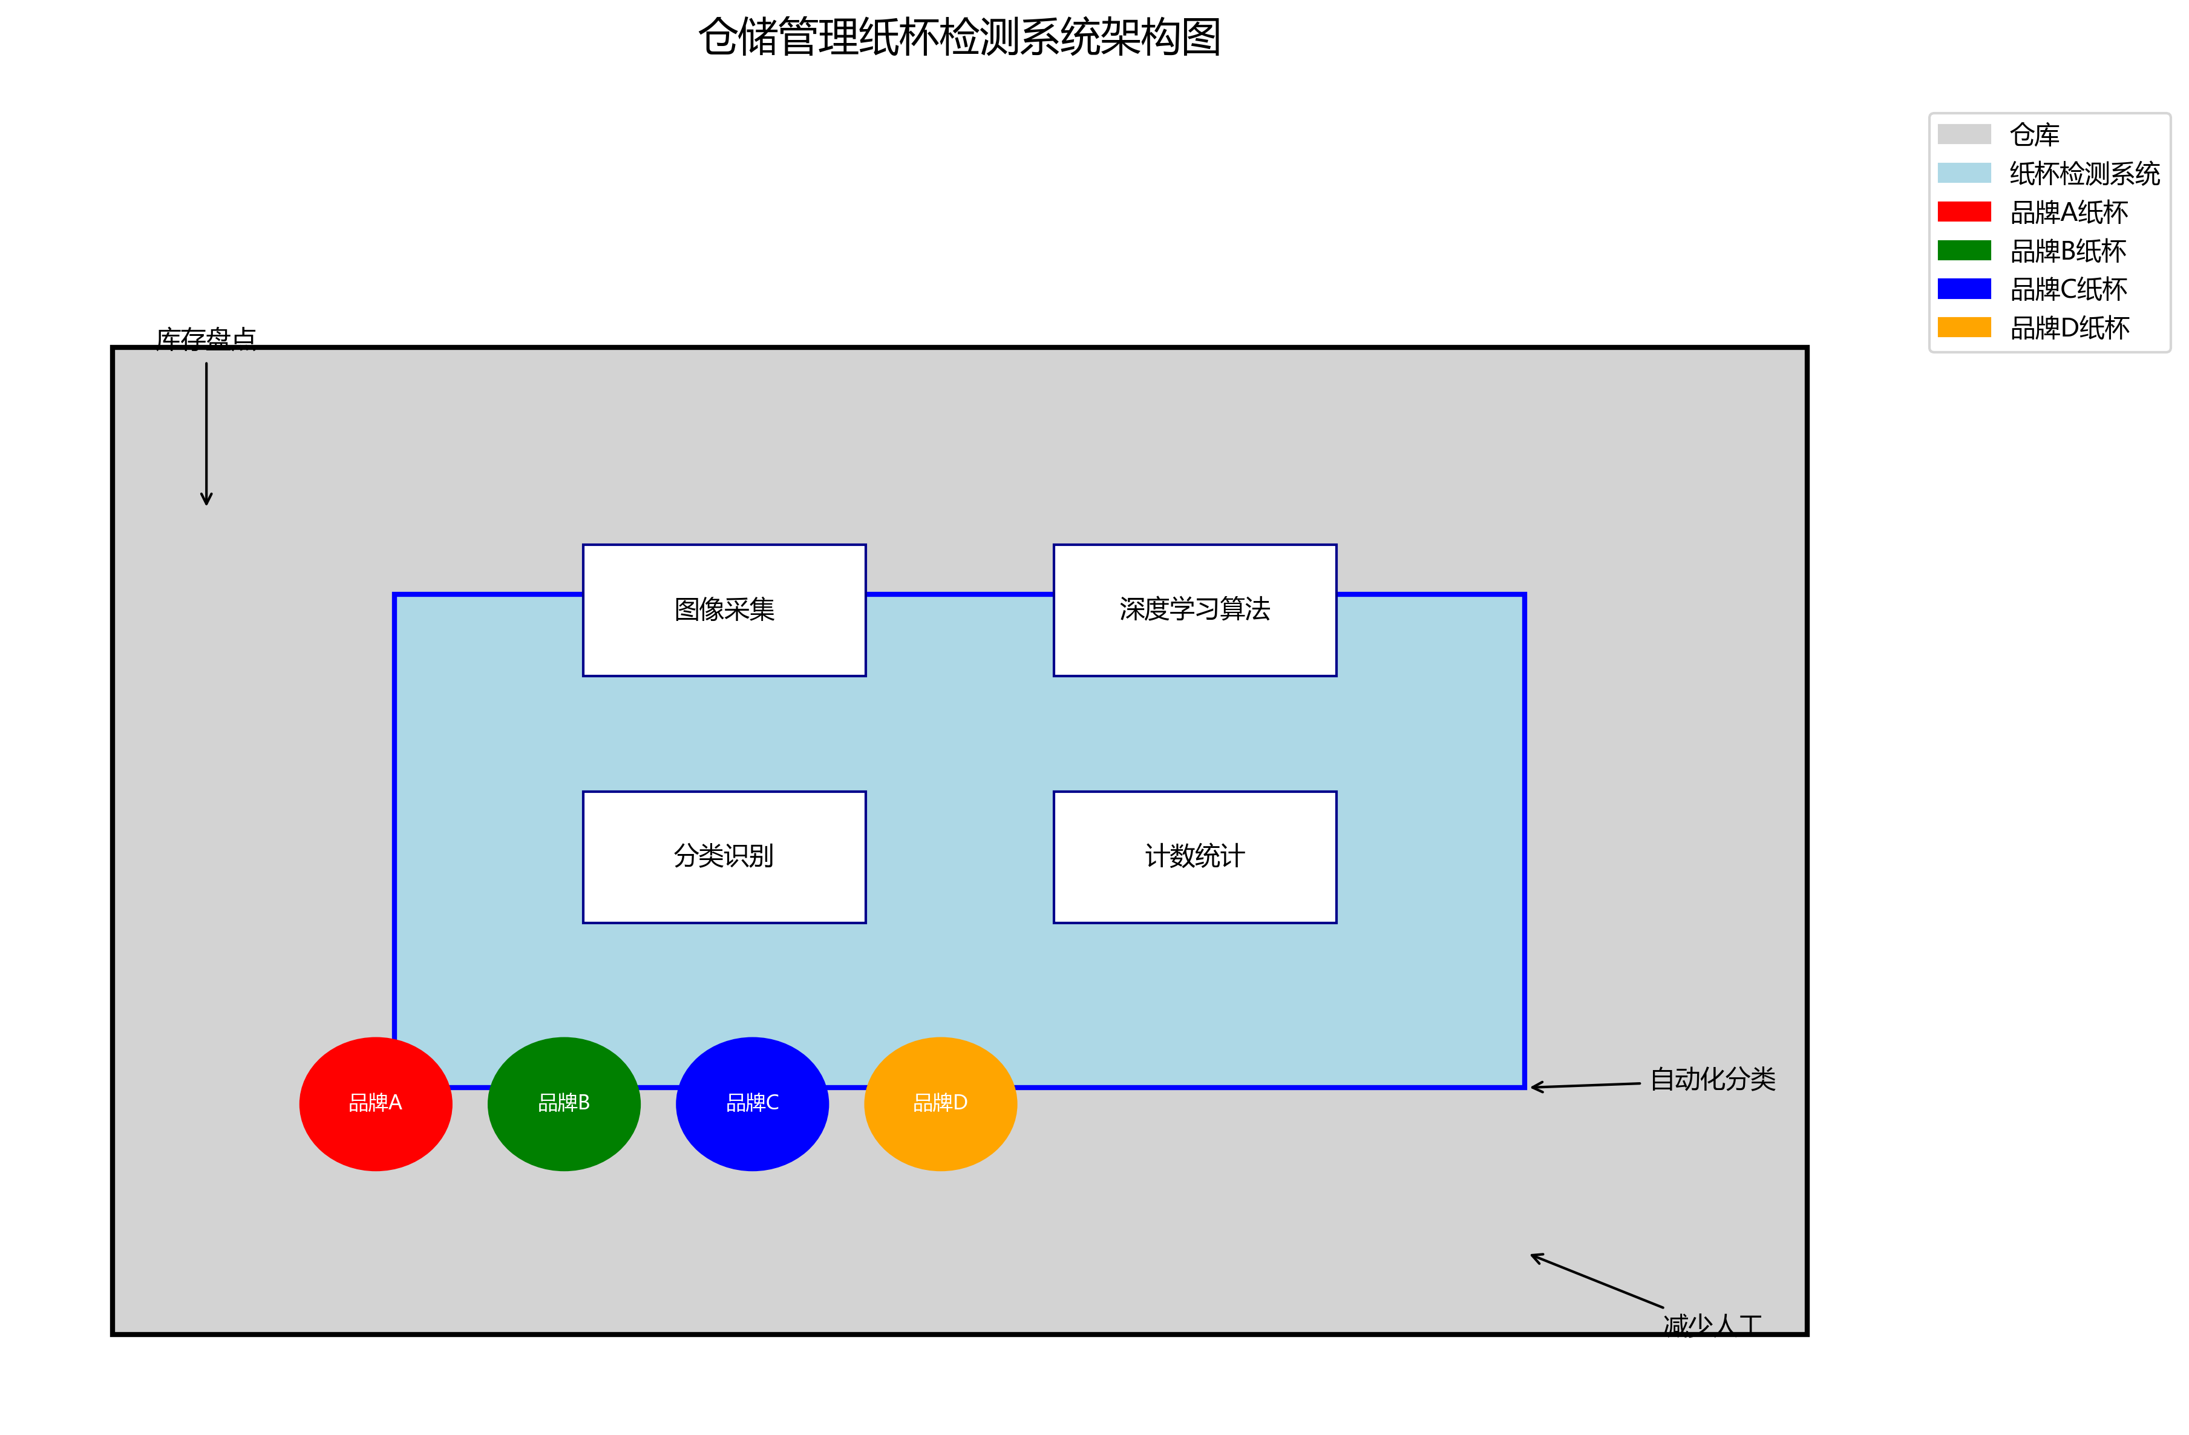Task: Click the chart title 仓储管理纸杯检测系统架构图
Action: pos(960,38)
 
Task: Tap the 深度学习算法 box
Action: pos(1195,610)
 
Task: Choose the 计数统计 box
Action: pos(1195,856)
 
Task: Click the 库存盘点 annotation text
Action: pos(206,338)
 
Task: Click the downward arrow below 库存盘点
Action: pos(206,432)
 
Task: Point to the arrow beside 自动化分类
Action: pos(1585,1085)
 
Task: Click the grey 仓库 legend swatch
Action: pos(1964,134)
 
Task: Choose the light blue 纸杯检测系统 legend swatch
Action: pos(1964,173)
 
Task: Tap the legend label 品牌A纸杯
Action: pos(2069,212)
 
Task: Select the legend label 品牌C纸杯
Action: pos(2069,290)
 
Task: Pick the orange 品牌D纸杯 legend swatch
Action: pos(1964,327)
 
